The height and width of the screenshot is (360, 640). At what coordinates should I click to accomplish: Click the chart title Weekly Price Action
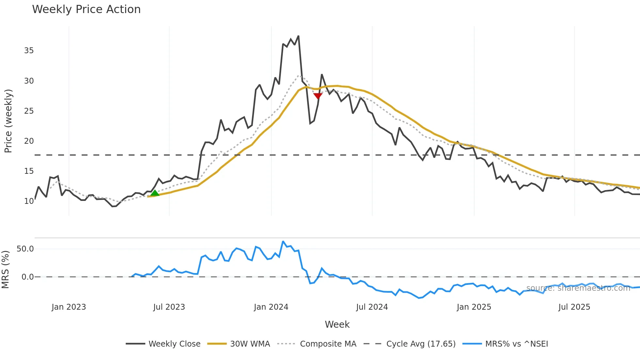pos(86,9)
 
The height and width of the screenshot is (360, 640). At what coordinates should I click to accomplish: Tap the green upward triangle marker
pos(155,193)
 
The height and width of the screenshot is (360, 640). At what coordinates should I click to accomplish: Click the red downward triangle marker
pos(318,96)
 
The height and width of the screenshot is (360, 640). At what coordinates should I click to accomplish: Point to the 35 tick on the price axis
pos(29,51)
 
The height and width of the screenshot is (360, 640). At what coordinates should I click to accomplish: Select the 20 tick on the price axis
pos(29,141)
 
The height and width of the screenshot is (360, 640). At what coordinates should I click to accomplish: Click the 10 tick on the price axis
pos(29,201)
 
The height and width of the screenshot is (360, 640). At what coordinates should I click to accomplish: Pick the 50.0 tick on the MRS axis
pos(25,249)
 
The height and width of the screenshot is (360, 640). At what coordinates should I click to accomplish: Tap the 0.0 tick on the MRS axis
pos(27,277)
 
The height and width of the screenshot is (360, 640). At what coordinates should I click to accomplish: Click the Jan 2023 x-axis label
pos(69,307)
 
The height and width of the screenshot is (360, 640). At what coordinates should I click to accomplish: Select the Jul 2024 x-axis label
pos(372,307)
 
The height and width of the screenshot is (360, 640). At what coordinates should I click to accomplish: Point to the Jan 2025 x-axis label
pos(474,307)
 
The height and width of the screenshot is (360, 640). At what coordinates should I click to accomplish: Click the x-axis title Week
pos(337,324)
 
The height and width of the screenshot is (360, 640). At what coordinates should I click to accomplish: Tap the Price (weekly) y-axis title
pos(8,121)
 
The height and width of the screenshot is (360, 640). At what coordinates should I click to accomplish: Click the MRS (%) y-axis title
pos(5,270)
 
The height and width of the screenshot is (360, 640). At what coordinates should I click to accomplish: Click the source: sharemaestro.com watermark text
pos(578,288)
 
